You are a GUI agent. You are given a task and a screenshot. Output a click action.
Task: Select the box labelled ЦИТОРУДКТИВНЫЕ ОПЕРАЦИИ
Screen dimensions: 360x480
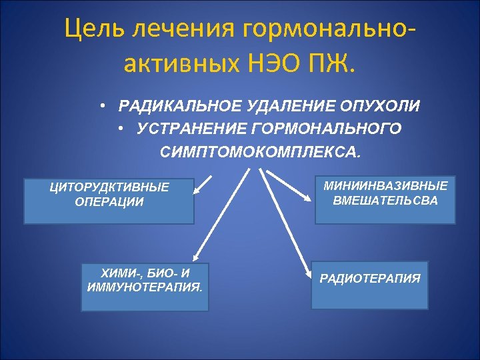pos(109,201)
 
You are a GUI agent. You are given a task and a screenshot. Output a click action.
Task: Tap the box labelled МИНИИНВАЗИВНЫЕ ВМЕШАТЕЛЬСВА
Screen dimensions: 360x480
pos(385,199)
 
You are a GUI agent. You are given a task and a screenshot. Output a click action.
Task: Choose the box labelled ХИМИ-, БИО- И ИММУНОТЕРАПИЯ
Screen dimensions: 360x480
pos(145,287)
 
